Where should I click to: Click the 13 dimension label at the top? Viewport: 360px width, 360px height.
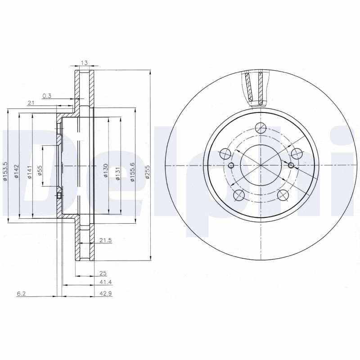point(85,63)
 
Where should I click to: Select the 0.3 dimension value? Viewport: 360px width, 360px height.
point(47,96)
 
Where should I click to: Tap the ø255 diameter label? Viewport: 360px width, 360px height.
point(148,172)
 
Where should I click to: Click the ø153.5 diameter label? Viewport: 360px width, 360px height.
point(5,172)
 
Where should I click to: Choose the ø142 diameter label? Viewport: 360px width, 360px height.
point(16,171)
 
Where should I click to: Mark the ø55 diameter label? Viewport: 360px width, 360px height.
point(40,171)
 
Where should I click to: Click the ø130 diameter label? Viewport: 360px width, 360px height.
point(105,171)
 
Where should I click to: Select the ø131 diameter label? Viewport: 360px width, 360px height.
point(118,173)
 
